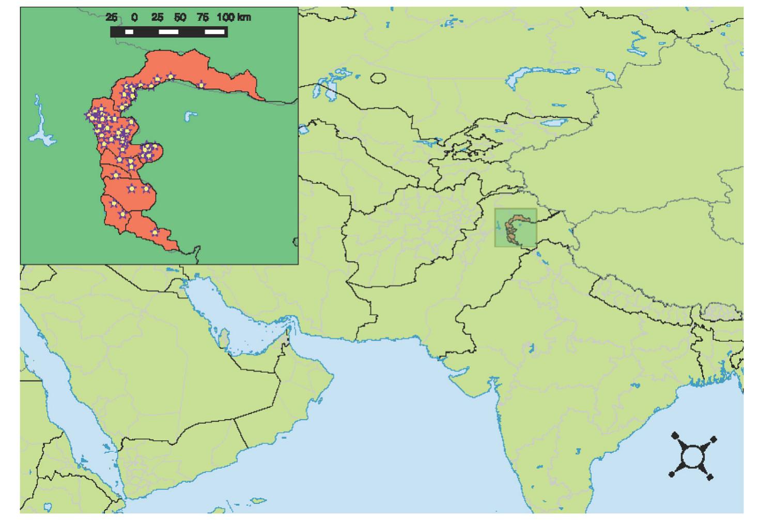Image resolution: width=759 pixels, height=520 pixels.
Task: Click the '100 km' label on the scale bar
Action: pyautogui.click(x=234, y=18)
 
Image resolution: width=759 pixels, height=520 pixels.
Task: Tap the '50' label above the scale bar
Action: pyautogui.click(x=180, y=18)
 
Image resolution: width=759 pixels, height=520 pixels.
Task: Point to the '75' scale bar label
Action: pyautogui.click(x=203, y=18)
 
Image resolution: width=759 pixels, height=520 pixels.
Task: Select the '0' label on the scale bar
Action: pyautogui.click(x=134, y=18)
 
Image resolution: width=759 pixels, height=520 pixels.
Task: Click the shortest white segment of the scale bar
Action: pyautogui.click(x=129, y=32)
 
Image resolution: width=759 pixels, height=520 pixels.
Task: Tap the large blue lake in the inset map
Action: pyautogui.click(x=40, y=129)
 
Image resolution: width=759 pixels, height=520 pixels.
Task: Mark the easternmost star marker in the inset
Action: pyautogui.click(x=201, y=84)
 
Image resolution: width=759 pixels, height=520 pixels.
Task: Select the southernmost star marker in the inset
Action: pyautogui.click(x=154, y=232)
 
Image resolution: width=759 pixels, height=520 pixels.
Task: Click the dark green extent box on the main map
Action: pyautogui.click(x=516, y=227)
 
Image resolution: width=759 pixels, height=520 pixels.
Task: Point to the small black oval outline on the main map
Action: pyautogui.click(x=378, y=78)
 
